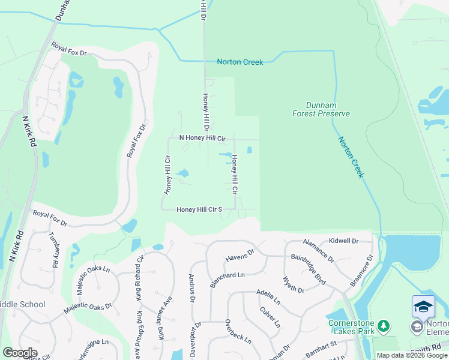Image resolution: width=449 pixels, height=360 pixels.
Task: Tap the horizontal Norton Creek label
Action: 240,62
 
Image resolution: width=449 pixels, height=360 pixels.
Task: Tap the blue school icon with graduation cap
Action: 423,306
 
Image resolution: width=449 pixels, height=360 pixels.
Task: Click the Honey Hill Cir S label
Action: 200,209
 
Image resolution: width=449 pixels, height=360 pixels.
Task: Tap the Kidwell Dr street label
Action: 344,241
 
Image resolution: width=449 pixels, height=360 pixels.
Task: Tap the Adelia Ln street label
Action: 268,296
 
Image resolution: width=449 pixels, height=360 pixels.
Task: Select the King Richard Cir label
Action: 139,278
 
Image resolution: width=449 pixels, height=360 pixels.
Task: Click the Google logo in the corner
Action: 20,353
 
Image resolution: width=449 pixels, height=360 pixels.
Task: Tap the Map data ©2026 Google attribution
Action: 412,355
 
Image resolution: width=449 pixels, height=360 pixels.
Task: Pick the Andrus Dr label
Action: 191,288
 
